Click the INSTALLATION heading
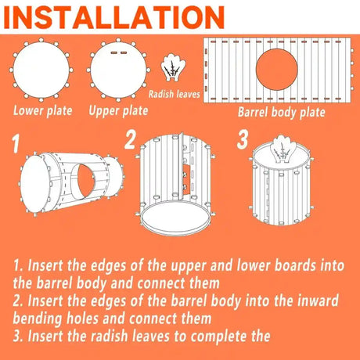coord(114,17)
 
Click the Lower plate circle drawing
coord(41,70)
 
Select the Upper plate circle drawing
coord(118,70)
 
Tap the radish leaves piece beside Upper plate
coord(173,67)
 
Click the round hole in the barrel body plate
coord(276,70)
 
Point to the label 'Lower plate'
coord(43,110)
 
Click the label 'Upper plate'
coord(118,110)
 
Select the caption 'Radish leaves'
coord(175,94)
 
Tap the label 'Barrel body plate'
coord(282,113)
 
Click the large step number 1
coord(16,143)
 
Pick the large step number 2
coord(130,139)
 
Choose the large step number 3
coord(243,139)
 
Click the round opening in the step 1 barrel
coord(86,181)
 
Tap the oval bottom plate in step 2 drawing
coord(175,218)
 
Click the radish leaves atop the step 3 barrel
coord(283,149)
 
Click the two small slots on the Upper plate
coord(119,52)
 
